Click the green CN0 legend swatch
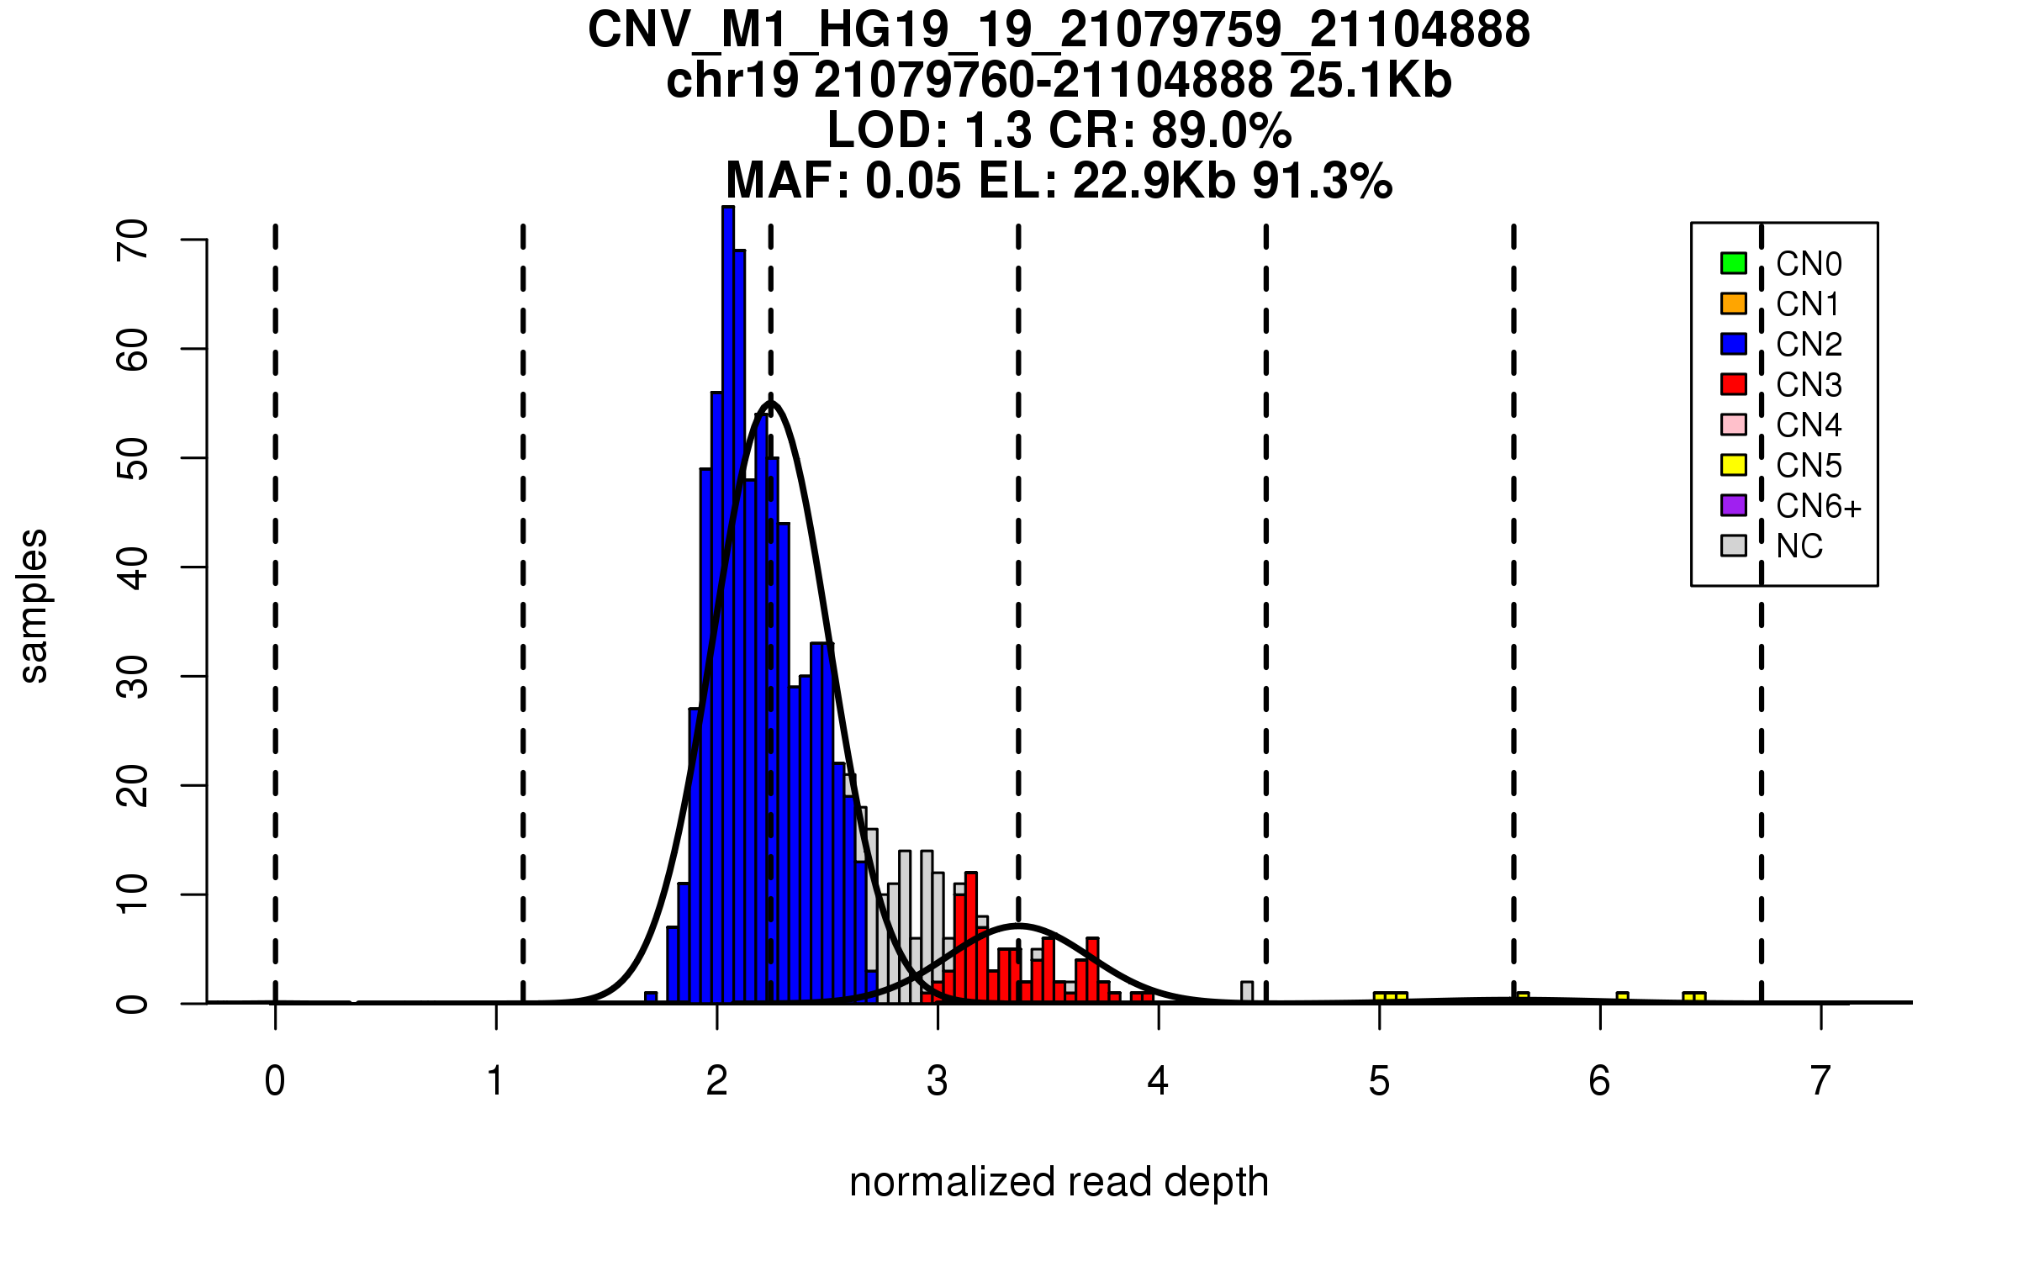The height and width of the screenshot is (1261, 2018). tap(1733, 263)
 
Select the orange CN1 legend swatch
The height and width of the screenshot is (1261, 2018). tap(1733, 303)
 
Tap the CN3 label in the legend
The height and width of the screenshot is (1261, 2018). tap(1809, 385)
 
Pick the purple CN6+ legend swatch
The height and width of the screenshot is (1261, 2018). tap(1733, 505)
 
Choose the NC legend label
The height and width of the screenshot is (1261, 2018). tap(1799, 546)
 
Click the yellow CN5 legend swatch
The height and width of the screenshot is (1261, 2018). tap(1733, 465)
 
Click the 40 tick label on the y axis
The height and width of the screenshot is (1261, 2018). tap(133, 567)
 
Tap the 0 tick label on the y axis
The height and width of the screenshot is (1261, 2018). tap(133, 1004)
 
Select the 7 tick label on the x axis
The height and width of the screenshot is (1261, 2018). tap(1820, 1081)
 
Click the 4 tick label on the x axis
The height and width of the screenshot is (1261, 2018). tap(1158, 1081)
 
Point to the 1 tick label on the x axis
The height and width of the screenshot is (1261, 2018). tap(496, 1081)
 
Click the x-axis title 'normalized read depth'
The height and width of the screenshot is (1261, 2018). tap(1059, 1182)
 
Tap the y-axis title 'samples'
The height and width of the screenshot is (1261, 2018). tap(34, 605)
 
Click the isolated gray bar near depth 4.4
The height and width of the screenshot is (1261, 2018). tap(1247, 992)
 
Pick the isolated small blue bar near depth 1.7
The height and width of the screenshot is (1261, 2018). tap(651, 998)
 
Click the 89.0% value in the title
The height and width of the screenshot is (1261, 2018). tap(1221, 130)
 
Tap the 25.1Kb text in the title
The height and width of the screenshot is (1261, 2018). tap(1370, 81)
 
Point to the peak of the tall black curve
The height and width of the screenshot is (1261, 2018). tap(771, 404)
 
